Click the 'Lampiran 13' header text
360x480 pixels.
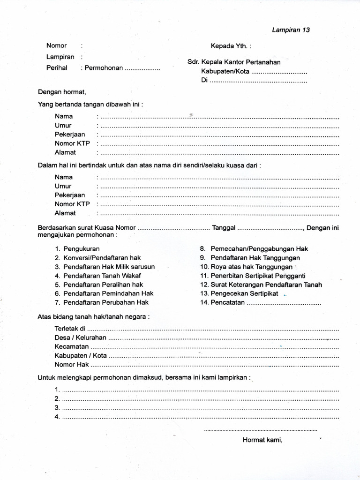(291, 30)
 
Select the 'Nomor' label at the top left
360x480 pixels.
(56, 46)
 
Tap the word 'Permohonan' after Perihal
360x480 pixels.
(104, 67)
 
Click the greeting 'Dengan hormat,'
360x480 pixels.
(62, 92)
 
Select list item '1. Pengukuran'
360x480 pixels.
(77, 249)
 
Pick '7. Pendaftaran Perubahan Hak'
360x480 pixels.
(102, 302)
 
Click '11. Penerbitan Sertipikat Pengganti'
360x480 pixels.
(253, 276)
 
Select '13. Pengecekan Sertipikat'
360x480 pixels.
(239, 293)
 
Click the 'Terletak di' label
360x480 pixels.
(70, 329)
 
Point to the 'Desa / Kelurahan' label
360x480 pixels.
(81, 337)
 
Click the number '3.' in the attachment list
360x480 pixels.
(57, 407)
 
